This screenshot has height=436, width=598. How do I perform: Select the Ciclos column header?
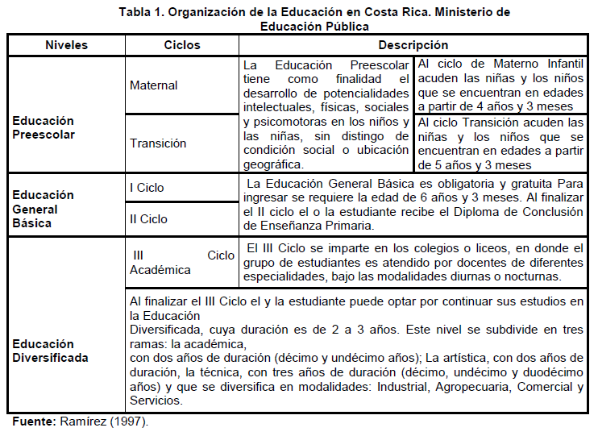(x=182, y=45)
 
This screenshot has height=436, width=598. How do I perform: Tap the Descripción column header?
(x=413, y=45)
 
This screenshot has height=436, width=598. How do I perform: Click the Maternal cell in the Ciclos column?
(x=154, y=85)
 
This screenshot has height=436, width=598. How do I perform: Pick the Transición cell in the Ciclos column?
(x=158, y=143)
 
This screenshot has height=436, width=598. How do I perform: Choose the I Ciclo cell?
(x=147, y=188)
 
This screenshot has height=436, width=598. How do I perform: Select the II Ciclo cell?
(x=149, y=218)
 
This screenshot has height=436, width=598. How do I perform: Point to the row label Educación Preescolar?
(x=44, y=127)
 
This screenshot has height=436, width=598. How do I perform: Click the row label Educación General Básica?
(x=44, y=209)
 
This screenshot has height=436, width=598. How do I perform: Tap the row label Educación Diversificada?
(x=51, y=351)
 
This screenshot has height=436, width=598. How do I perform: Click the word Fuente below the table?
(x=35, y=421)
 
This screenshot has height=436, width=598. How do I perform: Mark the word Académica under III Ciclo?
(x=160, y=270)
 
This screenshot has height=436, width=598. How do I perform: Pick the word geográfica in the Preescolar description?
(x=275, y=164)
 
